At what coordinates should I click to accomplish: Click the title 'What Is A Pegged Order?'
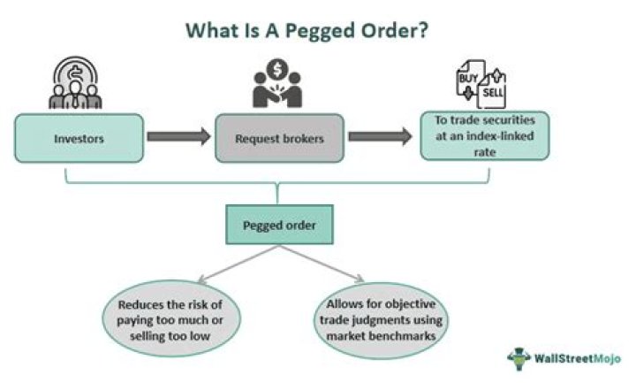pyautogui.click(x=307, y=30)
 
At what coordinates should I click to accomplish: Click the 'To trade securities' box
pyautogui.click(x=484, y=135)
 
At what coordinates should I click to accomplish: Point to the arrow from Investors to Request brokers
pyautogui.click(x=178, y=137)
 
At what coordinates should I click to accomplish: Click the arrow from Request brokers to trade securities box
pyautogui.click(x=380, y=137)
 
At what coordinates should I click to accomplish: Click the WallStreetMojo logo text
pyautogui.click(x=578, y=358)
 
